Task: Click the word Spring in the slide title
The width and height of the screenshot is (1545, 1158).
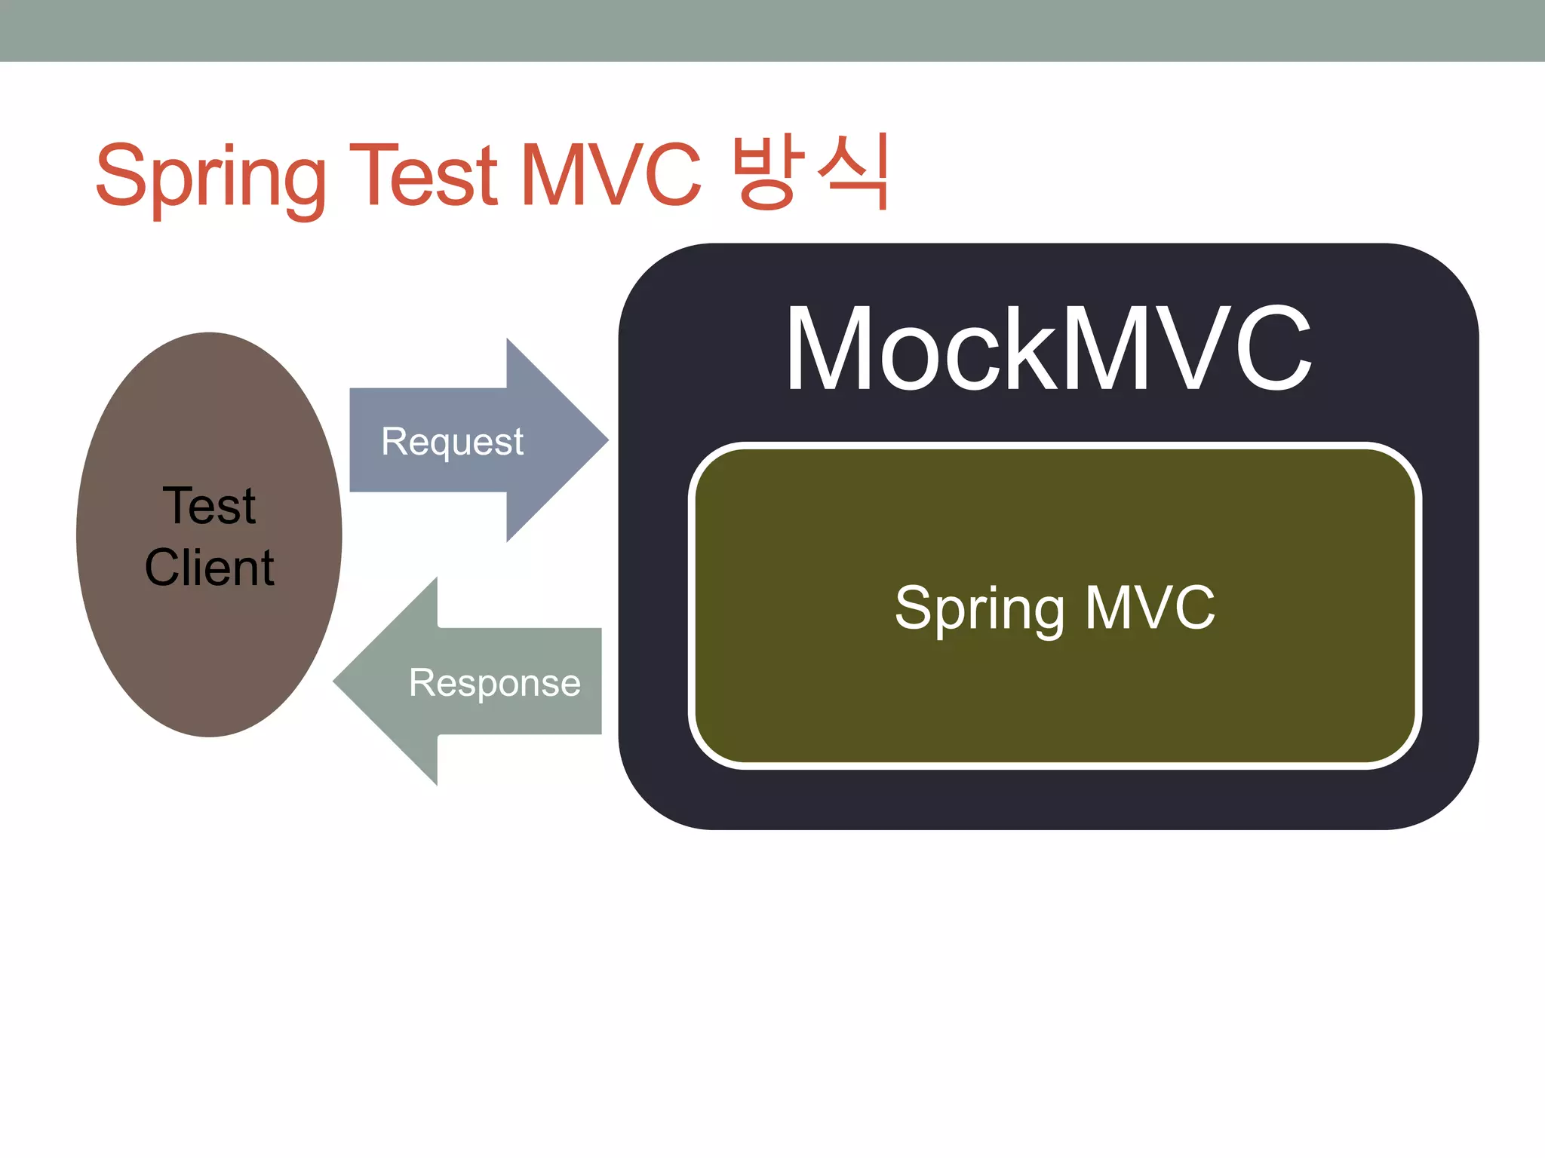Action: click(211, 177)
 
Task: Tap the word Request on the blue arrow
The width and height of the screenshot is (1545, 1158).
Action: click(452, 442)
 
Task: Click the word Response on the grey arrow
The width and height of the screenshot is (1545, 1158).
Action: click(495, 683)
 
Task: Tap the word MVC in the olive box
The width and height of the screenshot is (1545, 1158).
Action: click(1150, 607)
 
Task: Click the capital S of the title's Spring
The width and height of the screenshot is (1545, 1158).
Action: click(121, 175)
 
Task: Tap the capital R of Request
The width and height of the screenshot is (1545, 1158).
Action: click(394, 441)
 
